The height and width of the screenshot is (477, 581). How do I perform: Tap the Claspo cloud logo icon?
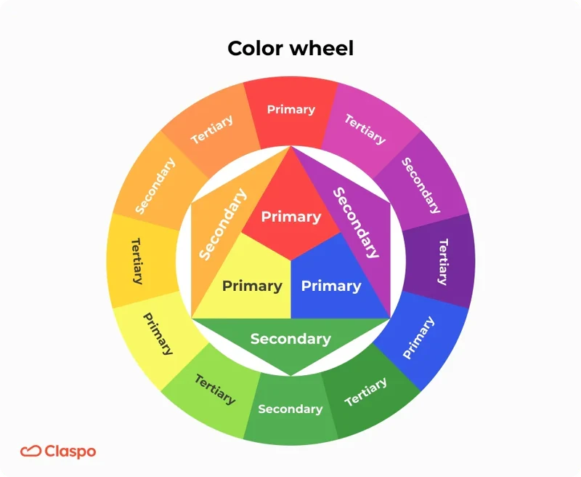31,452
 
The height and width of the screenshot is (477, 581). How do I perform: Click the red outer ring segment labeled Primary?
290,110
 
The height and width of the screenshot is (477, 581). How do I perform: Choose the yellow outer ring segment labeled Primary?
157,334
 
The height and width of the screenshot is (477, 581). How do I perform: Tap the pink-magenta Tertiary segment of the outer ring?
365,129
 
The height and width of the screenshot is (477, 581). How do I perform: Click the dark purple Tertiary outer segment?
442,260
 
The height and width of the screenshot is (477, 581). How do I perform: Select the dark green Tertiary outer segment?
367,393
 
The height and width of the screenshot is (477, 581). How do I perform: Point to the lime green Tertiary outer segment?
214,390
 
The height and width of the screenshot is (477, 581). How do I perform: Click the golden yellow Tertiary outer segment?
137,260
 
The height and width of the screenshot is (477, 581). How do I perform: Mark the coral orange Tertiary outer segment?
212,129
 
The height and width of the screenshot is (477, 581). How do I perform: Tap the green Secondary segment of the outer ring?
290,409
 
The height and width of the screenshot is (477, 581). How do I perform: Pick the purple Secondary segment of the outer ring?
422,185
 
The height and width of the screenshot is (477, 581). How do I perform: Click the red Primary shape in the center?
290,217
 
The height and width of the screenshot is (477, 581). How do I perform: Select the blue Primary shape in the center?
330,286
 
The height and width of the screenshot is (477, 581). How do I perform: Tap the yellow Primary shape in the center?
251,286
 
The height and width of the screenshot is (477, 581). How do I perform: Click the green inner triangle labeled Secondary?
290,340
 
